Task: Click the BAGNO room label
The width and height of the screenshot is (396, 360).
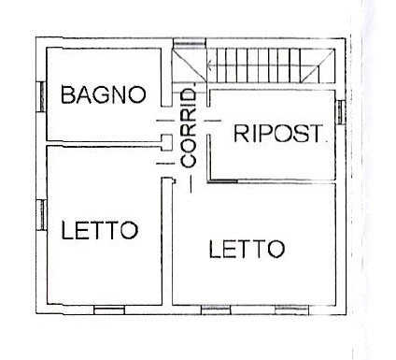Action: coord(104,94)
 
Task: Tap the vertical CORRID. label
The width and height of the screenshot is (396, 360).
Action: coord(189,128)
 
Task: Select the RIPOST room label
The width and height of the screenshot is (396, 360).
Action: coord(277,133)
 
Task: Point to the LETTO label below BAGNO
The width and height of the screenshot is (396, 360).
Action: coord(100,230)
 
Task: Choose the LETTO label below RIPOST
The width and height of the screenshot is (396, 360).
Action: coord(247,249)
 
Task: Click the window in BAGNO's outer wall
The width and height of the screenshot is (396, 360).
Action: coord(42,96)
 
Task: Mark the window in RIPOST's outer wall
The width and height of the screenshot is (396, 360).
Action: coord(341,111)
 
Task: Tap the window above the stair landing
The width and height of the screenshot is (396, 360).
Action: coord(190,43)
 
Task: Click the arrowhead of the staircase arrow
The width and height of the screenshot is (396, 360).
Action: coord(209,65)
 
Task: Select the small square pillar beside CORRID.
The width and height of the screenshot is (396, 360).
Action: coord(166,143)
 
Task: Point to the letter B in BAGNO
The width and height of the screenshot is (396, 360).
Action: coord(68,94)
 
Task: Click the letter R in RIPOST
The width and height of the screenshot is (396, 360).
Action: coord(241,134)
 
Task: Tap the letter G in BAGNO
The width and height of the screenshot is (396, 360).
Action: coord(104,94)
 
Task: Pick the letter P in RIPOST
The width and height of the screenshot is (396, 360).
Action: coord(264,134)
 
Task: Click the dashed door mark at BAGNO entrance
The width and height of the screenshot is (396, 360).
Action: coord(165,121)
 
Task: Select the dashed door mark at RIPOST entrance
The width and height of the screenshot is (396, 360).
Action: coord(212,121)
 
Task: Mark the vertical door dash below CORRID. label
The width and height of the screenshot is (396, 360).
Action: coord(191,183)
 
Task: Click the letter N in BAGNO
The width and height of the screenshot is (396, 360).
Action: coord(120,94)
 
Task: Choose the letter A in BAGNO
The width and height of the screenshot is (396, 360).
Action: coord(85,94)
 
